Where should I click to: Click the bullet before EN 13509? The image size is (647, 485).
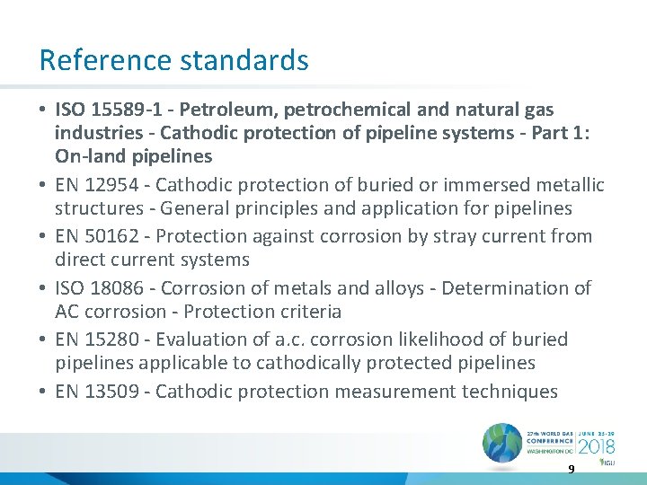click(43, 392)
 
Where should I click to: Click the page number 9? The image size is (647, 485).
click(571, 469)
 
